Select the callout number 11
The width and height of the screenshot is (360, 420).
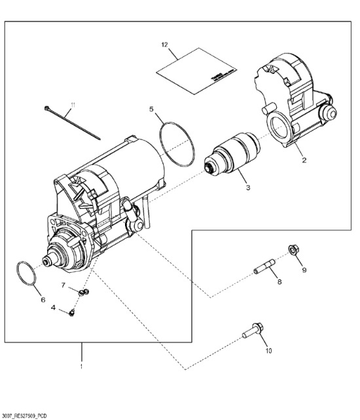tap(73, 104)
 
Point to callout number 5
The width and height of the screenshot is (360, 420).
tap(151, 109)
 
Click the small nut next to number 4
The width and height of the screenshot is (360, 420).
tap(71, 313)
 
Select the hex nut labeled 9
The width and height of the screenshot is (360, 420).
tap(293, 249)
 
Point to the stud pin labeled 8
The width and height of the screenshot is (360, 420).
tap(265, 269)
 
